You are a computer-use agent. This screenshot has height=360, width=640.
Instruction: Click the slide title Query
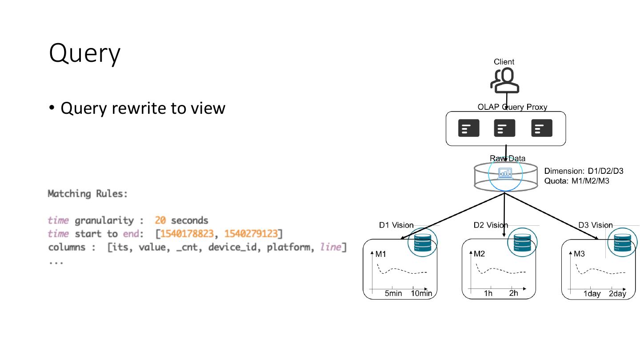pyautogui.click(x=84, y=54)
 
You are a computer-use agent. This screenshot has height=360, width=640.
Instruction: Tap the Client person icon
pyautogui.click(x=504, y=81)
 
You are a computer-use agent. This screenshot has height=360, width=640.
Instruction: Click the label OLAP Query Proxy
pyautogui.click(x=512, y=107)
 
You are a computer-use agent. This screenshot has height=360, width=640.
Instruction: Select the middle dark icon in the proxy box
pyautogui.click(x=504, y=128)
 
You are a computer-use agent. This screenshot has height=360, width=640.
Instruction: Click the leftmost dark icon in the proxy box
pyautogui.click(x=468, y=128)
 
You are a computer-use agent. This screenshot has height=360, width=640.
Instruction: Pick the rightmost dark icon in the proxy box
pyautogui.click(x=542, y=128)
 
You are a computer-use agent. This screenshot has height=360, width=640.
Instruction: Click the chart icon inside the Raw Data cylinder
pyautogui.click(x=505, y=173)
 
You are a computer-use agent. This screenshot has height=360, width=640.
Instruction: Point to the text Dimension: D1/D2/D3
pyautogui.click(x=584, y=171)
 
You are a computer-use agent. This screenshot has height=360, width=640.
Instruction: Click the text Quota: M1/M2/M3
pyautogui.click(x=576, y=181)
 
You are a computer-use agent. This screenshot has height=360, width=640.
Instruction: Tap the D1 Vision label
pyautogui.click(x=396, y=225)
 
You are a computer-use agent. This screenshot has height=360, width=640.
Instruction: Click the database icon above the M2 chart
pyautogui.click(x=522, y=243)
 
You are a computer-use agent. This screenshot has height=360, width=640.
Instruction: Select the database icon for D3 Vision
pyautogui.click(x=622, y=243)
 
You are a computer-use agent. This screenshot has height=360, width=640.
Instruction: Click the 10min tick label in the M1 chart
pyautogui.click(x=421, y=293)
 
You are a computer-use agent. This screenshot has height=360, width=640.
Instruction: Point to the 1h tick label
pyautogui.click(x=488, y=293)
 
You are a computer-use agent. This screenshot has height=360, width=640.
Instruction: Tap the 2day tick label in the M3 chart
pyautogui.click(x=617, y=294)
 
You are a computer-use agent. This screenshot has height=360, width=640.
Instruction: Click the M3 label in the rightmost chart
pyautogui.click(x=579, y=254)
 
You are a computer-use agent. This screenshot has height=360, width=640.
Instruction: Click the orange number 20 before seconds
pyautogui.click(x=160, y=220)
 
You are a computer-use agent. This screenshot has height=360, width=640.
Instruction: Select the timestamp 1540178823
pyautogui.click(x=187, y=234)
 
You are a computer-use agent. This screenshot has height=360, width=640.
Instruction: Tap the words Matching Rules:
pyautogui.click(x=88, y=194)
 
